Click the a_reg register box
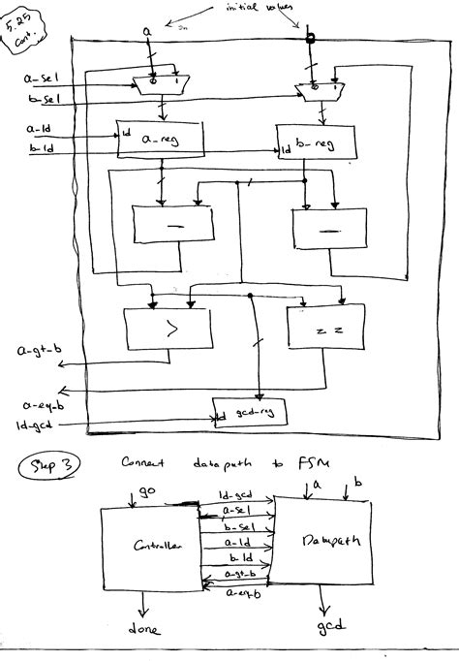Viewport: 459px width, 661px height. [159, 141]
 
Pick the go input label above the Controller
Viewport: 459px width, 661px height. [146, 493]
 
